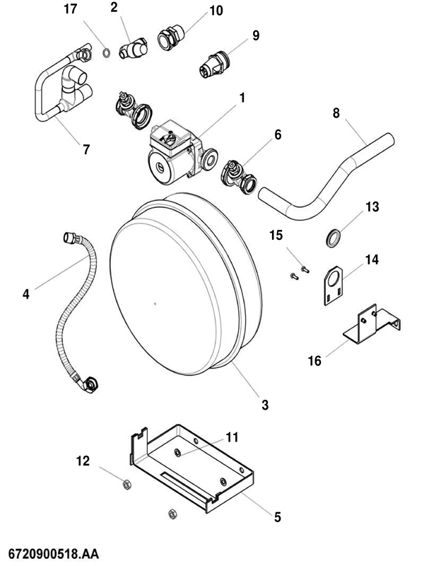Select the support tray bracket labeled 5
[191, 467]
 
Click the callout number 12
[83, 461]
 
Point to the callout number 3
[265, 405]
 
